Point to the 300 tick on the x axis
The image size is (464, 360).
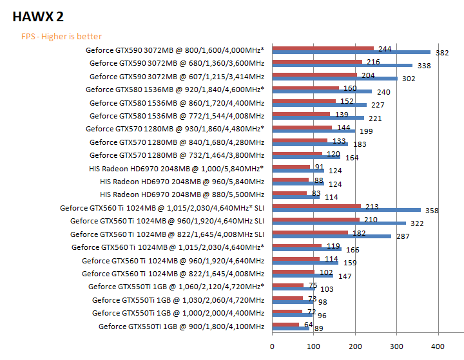(397, 346)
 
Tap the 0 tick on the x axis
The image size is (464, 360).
(273, 346)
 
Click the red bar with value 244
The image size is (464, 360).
(323, 48)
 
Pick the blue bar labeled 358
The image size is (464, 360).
(347, 210)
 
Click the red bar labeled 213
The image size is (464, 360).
(316, 206)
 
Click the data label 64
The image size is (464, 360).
(309, 325)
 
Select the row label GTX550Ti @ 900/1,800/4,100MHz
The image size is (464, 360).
(181, 327)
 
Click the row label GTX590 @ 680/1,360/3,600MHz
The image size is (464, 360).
(177, 63)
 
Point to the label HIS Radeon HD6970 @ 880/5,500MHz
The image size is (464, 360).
(182, 194)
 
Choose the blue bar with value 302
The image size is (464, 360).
(335, 79)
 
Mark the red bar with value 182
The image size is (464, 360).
(310, 232)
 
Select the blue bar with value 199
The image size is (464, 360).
(314, 131)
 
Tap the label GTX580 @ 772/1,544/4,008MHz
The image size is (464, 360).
(177, 116)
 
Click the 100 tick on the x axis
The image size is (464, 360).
(314, 346)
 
